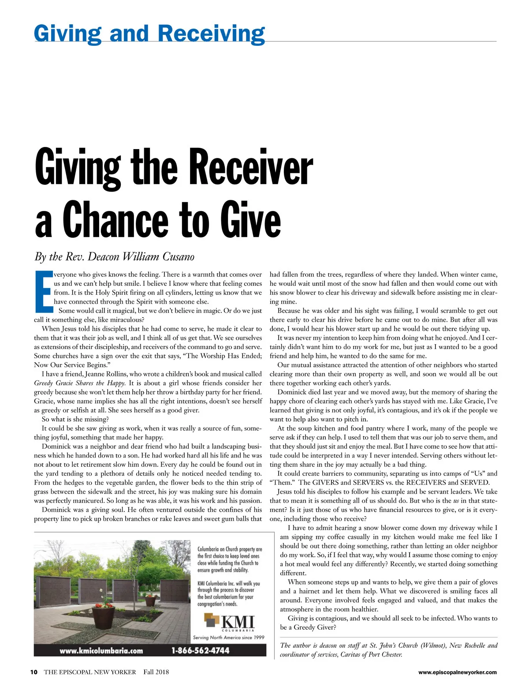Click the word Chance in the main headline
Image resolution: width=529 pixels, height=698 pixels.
116,219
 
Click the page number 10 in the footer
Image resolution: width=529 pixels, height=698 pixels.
34,672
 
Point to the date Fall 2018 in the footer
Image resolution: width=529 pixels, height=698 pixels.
156,672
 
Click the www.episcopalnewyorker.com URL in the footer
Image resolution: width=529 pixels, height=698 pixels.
457,672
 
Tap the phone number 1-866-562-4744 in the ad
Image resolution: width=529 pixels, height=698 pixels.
201,650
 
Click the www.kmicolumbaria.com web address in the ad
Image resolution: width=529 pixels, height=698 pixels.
101,650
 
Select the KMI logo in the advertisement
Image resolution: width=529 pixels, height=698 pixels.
230,623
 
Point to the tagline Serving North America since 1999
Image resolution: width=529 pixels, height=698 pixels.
229,637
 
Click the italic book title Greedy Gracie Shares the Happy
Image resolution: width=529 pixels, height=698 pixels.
80,383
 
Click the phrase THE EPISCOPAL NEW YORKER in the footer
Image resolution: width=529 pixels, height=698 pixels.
90,672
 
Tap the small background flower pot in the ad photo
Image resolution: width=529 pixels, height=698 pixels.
150,600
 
